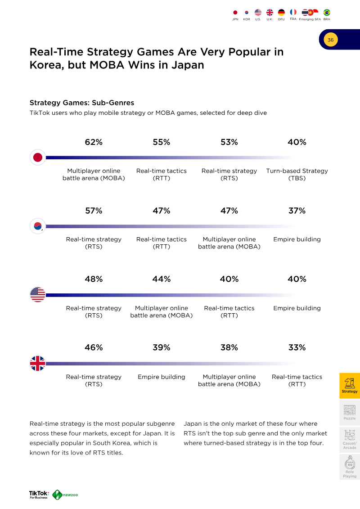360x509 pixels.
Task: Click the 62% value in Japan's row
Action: point(94,142)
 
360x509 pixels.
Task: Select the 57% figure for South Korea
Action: point(94,211)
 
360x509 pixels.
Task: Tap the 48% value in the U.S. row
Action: point(94,279)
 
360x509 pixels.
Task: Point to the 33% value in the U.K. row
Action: point(297,348)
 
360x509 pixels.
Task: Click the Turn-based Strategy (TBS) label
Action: point(297,174)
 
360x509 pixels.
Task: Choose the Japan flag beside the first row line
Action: point(38,158)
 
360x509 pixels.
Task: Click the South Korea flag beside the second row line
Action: point(38,226)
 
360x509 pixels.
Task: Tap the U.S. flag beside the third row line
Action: point(38,295)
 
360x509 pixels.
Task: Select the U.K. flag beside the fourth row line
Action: point(38,363)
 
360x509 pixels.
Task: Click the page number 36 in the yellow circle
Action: point(330,40)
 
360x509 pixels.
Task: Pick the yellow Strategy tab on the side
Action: point(350,386)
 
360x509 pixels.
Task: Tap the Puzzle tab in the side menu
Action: point(350,412)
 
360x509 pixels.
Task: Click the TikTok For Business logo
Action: point(39,495)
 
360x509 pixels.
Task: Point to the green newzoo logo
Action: point(65,495)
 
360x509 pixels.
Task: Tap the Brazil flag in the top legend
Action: point(327,12)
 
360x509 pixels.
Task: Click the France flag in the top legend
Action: point(293,12)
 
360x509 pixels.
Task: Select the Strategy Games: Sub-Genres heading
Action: point(82,103)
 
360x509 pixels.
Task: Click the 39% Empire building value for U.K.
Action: point(162,348)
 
